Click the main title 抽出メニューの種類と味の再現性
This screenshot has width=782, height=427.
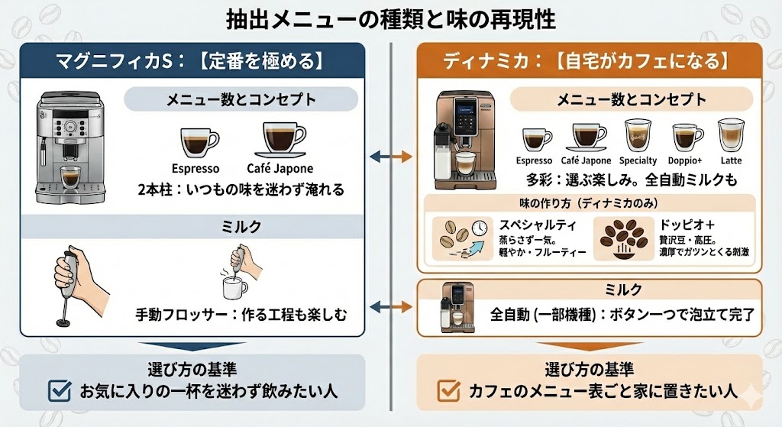click(391, 18)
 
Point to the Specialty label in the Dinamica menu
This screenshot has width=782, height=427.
click(638, 161)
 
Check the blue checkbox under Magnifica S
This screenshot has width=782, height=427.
click(59, 392)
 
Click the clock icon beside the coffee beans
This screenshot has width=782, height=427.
click(480, 228)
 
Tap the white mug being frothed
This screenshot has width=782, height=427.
click(234, 288)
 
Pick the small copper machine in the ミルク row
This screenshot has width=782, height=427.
click(457, 307)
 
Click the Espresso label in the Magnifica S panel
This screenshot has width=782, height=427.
click(195, 169)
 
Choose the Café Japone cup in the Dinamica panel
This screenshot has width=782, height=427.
click(586, 137)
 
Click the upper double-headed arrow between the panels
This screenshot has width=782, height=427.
click(390, 157)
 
